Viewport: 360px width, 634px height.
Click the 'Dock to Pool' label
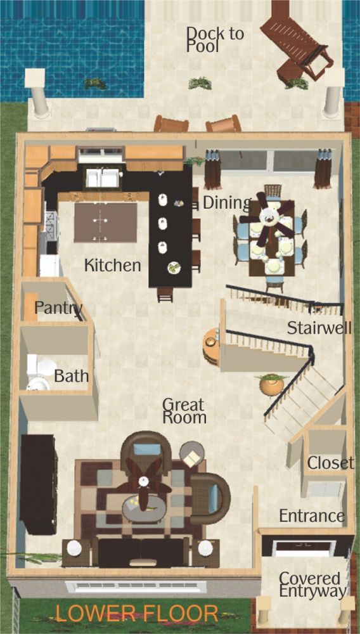[x=215, y=39]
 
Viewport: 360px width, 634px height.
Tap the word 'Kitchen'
[x=113, y=266]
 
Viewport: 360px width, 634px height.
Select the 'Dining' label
[x=227, y=204]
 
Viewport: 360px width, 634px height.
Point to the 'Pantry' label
[x=58, y=308]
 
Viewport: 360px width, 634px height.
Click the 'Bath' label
[x=72, y=376]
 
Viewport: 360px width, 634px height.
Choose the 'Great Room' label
[x=184, y=411]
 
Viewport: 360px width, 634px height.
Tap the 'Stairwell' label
[x=319, y=328]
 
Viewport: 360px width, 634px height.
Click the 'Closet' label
[x=331, y=463]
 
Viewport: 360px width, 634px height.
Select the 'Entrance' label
[x=312, y=516]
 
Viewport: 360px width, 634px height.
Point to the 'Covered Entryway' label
[x=312, y=585]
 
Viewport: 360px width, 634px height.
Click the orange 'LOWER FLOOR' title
[x=136, y=613]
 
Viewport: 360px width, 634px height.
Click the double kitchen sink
[x=103, y=178]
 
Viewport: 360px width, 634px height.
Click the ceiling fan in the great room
[x=143, y=481]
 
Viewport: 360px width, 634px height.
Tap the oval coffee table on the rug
[x=145, y=509]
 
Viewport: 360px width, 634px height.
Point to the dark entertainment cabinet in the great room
[x=39, y=484]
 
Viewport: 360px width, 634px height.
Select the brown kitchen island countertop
[x=105, y=223]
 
